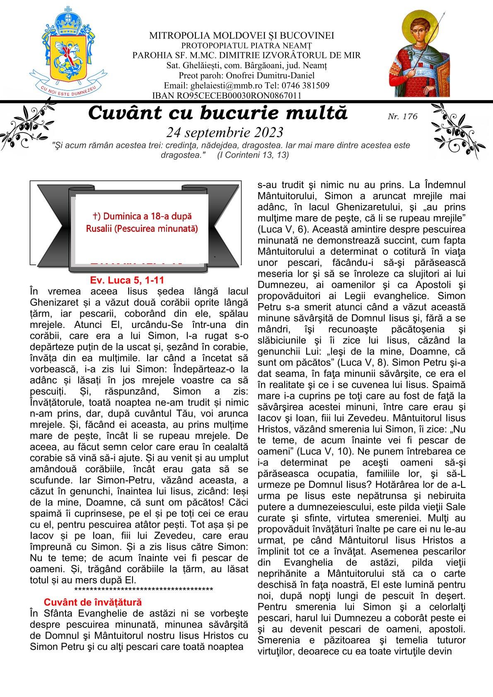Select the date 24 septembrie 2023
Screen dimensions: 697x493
coord(225,132)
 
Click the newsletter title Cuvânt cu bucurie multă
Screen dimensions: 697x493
coord(218,113)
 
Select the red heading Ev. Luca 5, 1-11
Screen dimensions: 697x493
coord(130,280)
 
